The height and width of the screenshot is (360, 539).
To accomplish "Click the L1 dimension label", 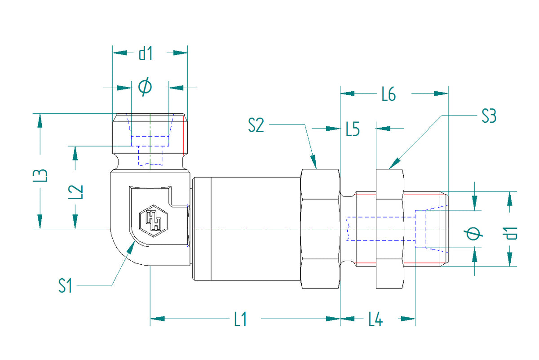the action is [x=241, y=319].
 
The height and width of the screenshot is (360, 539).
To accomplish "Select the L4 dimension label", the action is [x=376, y=319].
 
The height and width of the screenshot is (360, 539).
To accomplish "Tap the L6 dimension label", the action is [x=389, y=93].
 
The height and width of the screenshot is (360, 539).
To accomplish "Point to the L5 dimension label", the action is [x=353, y=129].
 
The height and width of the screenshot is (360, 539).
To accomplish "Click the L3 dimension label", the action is [x=40, y=175].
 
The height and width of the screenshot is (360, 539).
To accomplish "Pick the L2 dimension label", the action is [x=75, y=192].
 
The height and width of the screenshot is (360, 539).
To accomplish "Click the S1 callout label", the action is [x=65, y=285].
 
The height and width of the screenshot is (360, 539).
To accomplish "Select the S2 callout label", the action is [x=256, y=125].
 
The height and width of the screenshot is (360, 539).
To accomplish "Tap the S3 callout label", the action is [x=489, y=116].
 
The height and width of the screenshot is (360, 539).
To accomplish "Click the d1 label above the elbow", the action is [x=146, y=53].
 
